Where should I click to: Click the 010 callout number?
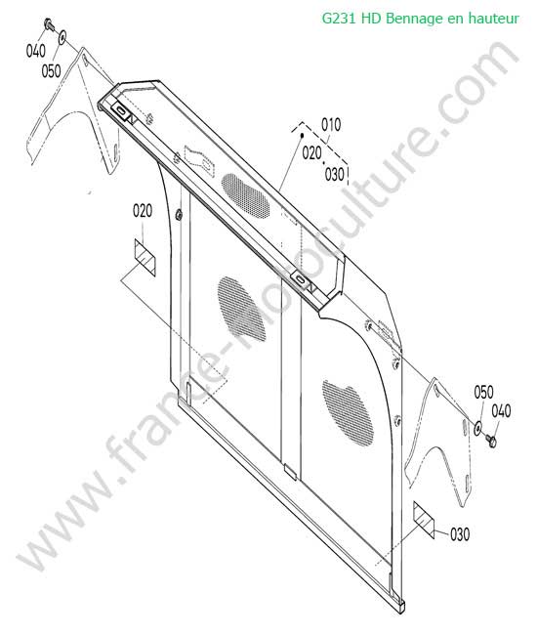click(331, 125)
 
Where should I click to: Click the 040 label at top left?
click(35, 51)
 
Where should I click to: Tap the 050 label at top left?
click(51, 71)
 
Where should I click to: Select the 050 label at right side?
click(483, 392)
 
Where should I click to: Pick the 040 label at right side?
click(501, 411)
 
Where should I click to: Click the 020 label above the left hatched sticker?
click(143, 211)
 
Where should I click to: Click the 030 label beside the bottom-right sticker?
click(460, 534)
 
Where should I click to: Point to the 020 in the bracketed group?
click(312, 153)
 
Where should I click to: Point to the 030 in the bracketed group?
click(335, 175)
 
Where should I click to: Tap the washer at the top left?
click(63, 37)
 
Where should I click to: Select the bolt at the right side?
click(491, 441)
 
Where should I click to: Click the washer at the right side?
click(477, 428)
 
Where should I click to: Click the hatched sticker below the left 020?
click(145, 258)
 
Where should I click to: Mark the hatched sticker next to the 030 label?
click(424, 521)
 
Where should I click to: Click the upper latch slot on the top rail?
click(121, 109)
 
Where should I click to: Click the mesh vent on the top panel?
click(246, 196)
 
